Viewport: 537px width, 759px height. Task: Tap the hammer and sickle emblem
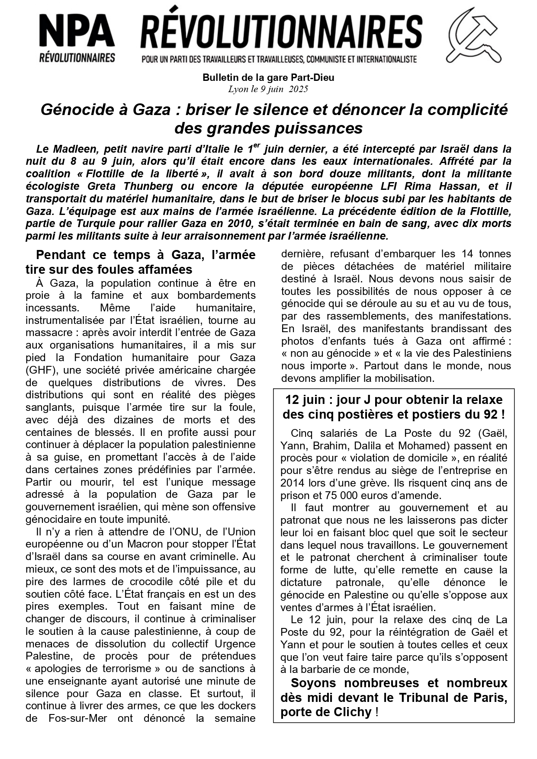pyautogui.click(x=473, y=35)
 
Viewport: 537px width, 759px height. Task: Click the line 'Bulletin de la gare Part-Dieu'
pyautogui.click(x=268, y=78)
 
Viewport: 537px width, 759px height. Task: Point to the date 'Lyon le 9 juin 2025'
pyautogui.click(x=268, y=89)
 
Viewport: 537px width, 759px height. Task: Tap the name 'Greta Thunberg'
pyautogui.click(x=130, y=186)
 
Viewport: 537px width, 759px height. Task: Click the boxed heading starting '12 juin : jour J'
pyautogui.click(x=393, y=407)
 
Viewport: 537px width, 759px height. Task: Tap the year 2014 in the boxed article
pyautogui.click(x=293, y=483)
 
